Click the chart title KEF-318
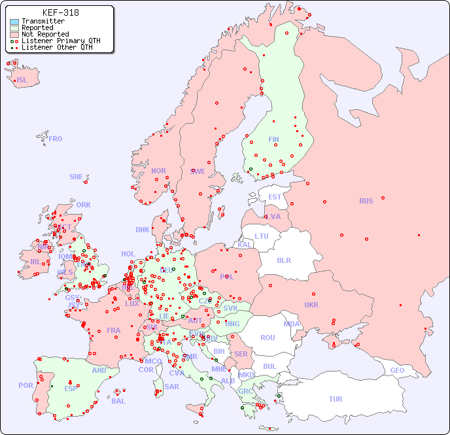point(61,12)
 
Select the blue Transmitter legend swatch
point(14,22)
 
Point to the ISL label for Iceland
point(22,80)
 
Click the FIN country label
point(273,139)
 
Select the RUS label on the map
point(366,201)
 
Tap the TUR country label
point(336,399)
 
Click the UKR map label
point(311,305)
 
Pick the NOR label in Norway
point(158,171)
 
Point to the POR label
point(26,385)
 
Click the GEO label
point(397,370)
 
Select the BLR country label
point(284,260)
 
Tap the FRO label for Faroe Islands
point(56,139)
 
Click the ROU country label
point(268,338)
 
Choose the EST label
point(275,197)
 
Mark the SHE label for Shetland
point(76,177)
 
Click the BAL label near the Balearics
point(118,401)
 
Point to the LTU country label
point(262,236)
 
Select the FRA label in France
point(114,330)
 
